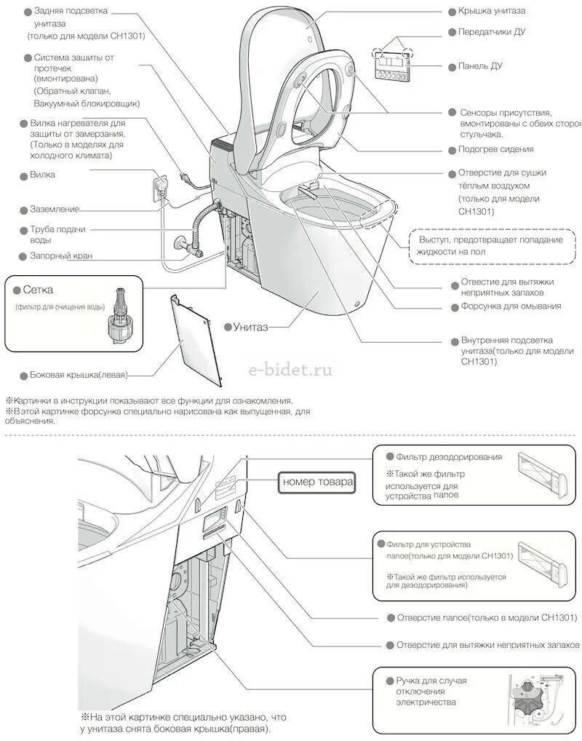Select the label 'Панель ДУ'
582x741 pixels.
(x=480, y=66)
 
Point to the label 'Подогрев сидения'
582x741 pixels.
(x=495, y=149)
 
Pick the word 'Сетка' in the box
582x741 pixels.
(x=38, y=290)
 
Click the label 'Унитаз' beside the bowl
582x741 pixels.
(x=251, y=327)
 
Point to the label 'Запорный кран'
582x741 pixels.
(x=62, y=256)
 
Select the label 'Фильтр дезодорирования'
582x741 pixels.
(x=449, y=457)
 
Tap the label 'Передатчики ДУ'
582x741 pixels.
(x=491, y=32)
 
